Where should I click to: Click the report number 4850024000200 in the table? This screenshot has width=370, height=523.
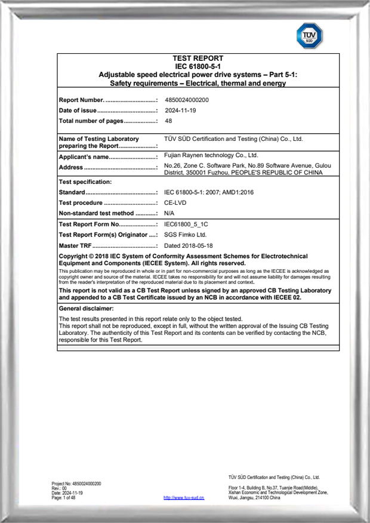click(187, 100)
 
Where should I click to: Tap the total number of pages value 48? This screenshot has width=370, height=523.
click(168, 121)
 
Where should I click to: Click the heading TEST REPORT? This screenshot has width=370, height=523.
click(198, 59)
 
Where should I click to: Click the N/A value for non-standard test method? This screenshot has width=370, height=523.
click(169, 213)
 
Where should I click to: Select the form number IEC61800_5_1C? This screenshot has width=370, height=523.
click(189, 224)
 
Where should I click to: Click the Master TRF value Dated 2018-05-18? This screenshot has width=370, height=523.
click(189, 245)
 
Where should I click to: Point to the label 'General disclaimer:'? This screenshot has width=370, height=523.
click(86, 308)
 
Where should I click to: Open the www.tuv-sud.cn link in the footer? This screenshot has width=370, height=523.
click(184, 497)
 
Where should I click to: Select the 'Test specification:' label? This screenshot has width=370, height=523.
click(85, 181)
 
